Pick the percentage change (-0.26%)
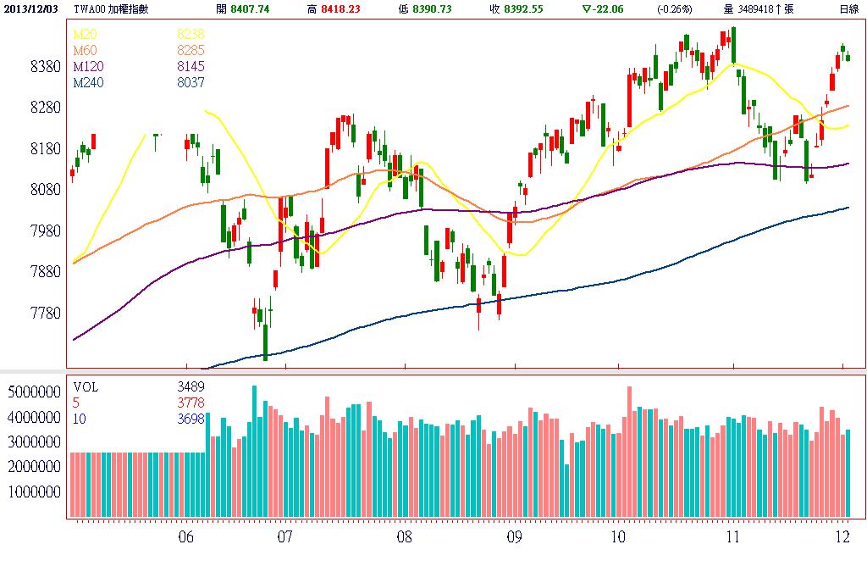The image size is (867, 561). (674, 8)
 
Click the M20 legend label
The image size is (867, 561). (84, 34)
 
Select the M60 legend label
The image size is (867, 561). (84, 50)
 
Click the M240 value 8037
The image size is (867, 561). (191, 83)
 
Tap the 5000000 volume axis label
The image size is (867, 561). (32, 393)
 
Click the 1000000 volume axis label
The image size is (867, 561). (32, 492)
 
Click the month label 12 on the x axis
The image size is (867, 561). (842, 536)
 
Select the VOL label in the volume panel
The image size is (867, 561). (86, 386)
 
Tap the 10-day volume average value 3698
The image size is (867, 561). (191, 419)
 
